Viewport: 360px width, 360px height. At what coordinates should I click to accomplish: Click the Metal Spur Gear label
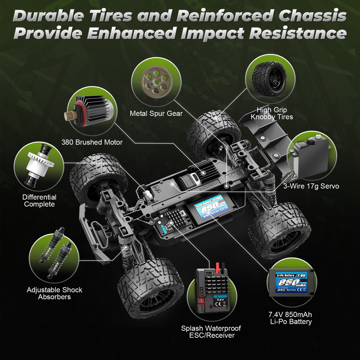(x=156, y=113)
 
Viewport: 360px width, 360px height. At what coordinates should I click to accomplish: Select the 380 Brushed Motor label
(x=92, y=142)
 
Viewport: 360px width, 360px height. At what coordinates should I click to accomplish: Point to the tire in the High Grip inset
(x=269, y=79)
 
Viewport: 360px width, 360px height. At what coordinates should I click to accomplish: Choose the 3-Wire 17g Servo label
(x=311, y=186)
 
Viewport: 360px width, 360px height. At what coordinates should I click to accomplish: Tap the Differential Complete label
(x=39, y=201)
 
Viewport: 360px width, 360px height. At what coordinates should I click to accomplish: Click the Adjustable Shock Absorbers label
(x=55, y=293)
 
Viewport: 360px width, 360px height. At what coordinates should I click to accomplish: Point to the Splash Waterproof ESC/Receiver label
(x=211, y=332)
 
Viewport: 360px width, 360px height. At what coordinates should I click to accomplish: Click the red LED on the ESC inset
(x=202, y=300)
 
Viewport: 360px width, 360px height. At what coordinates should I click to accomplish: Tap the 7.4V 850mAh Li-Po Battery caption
(x=291, y=318)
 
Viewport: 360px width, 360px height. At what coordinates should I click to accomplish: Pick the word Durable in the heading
(x=48, y=16)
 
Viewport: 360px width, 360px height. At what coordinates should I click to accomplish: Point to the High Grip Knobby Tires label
(x=272, y=113)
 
